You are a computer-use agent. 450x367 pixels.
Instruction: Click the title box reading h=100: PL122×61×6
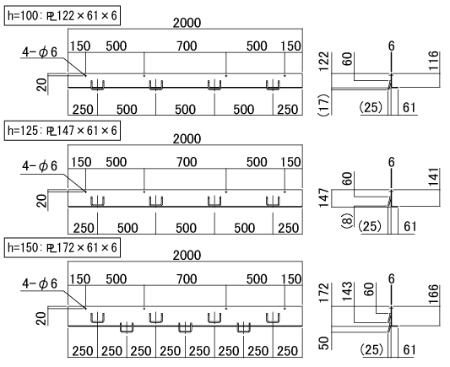(62, 15)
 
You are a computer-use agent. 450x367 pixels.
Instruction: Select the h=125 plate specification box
(62, 131)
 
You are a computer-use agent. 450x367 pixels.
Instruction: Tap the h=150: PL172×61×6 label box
(62, 247)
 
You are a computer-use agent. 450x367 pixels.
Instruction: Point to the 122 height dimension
(324, 61)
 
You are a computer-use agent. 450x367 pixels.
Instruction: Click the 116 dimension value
(434, 61)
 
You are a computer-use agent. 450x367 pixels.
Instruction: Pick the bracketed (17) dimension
(323, 105)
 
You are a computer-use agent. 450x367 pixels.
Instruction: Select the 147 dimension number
(324, 197)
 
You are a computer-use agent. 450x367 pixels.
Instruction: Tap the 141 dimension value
(434, 177)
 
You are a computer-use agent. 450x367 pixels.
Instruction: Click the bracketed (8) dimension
(347, 220)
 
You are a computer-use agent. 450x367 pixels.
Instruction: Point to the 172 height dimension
(324, 293)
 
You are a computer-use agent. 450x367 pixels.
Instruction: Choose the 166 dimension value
(434, 294)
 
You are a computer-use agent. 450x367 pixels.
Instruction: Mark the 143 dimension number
(347, 291)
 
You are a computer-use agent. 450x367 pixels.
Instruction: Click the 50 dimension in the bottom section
(324, 343)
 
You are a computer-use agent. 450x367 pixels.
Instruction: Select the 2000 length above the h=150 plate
(187, 255)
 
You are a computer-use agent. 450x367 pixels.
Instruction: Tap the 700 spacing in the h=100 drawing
(187, 46)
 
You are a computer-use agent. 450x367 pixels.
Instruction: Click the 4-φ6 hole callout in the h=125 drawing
(40, 165)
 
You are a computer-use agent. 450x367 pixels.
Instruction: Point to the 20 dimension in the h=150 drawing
(42, 318)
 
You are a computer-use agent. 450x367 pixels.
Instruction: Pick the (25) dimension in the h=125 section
(370, 226)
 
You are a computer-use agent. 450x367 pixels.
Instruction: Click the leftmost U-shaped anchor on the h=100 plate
(98, 84)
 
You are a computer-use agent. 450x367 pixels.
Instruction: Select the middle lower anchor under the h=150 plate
(185, 327)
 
